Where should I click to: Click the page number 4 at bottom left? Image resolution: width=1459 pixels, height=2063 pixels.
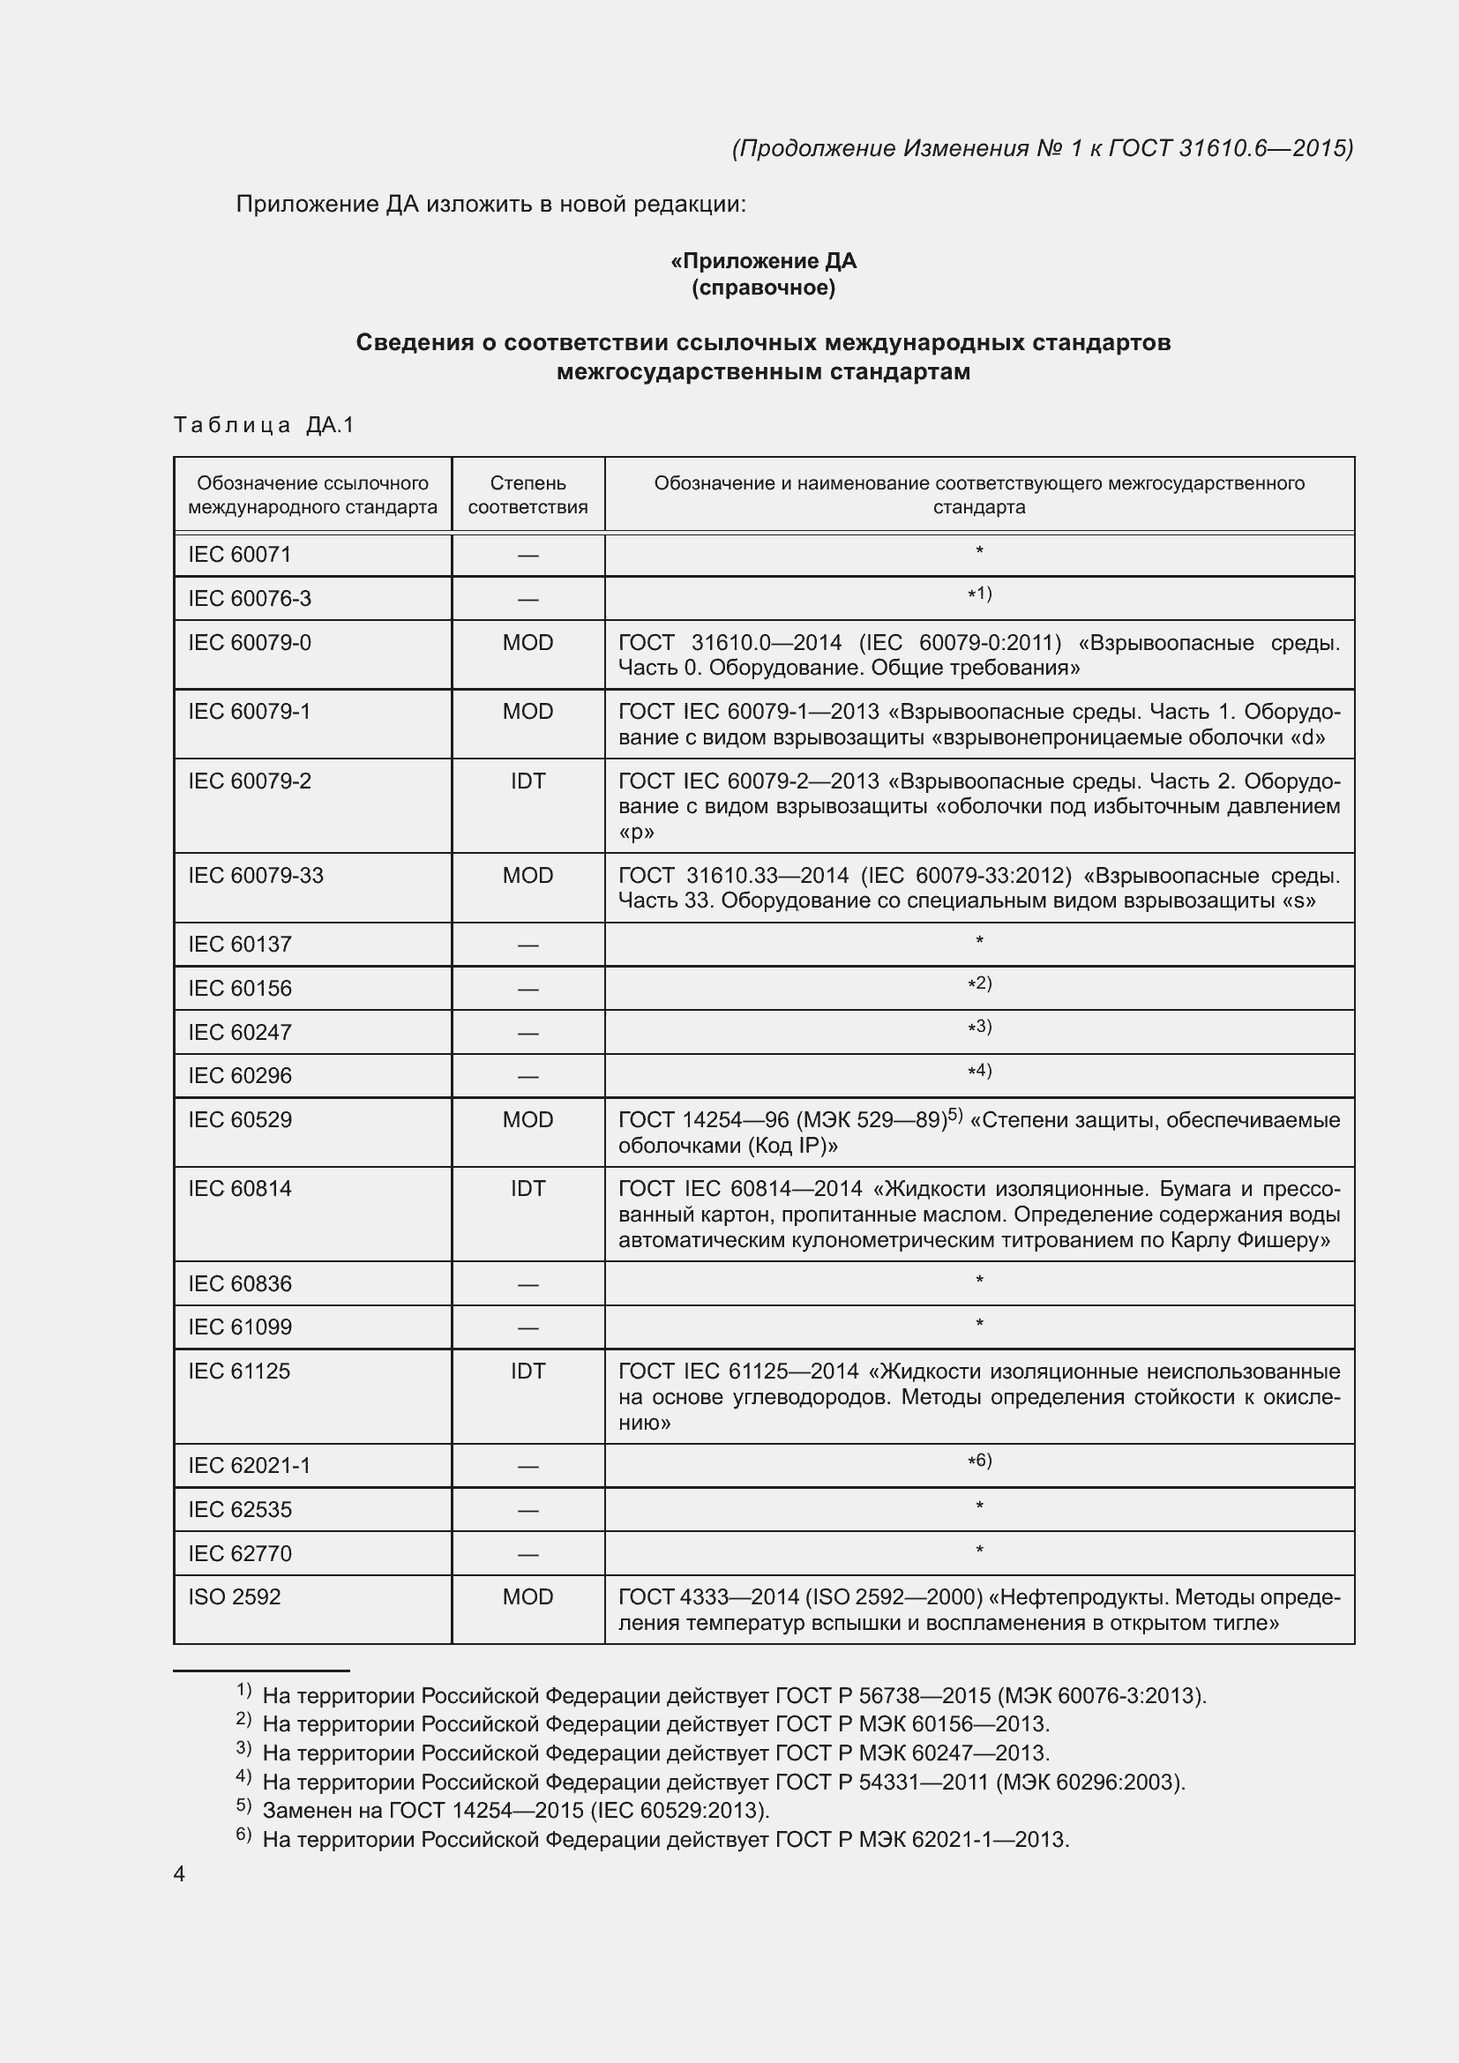(179, 1873)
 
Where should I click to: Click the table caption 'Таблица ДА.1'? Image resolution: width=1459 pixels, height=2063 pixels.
(264, 425)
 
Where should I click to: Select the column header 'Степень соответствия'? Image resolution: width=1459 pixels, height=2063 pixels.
(527, 495)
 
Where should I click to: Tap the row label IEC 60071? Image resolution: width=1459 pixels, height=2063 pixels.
(240, 555)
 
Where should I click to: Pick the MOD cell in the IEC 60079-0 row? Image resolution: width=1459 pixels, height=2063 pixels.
(527, 642)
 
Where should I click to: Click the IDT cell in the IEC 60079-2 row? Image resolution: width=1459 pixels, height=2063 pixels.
(527, 781)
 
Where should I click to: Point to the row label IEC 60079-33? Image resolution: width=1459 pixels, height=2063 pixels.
(255, 875)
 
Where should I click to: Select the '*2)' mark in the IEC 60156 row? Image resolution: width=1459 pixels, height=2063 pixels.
(979, 984)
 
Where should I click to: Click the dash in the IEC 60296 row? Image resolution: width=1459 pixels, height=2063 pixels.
(527, 1076)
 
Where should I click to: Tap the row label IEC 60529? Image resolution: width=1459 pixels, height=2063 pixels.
(240, 1119)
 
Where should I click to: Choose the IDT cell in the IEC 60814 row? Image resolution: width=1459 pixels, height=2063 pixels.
(527, 1189)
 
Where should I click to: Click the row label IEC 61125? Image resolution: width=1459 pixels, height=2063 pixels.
(239, 1372)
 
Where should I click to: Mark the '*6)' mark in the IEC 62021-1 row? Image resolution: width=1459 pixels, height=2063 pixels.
(979, 1461)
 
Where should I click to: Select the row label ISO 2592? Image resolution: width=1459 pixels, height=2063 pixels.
(235, 1596)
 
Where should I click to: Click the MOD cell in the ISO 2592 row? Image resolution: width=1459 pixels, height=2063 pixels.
(527, 1596)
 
